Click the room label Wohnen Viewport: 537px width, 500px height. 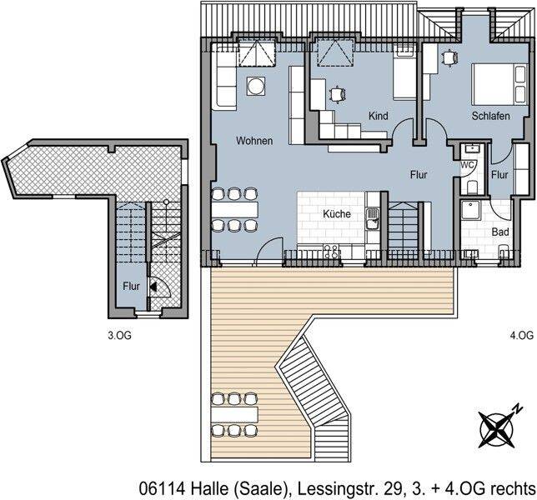(x=253, y=141)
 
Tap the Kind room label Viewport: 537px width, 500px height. (x=378, y=117)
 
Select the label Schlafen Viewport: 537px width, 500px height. (x=490, y=117)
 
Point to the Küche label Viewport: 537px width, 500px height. (x=338, y=214)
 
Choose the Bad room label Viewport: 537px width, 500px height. (x=500, y=232)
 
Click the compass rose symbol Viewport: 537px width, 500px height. (x=499, y=427)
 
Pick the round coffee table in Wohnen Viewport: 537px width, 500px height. (x=255, y=85)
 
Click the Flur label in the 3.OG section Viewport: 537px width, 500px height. (x=132, y=286)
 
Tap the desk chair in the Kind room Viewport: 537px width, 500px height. (x=336, y=93)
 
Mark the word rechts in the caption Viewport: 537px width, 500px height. (x=512, y=487)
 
